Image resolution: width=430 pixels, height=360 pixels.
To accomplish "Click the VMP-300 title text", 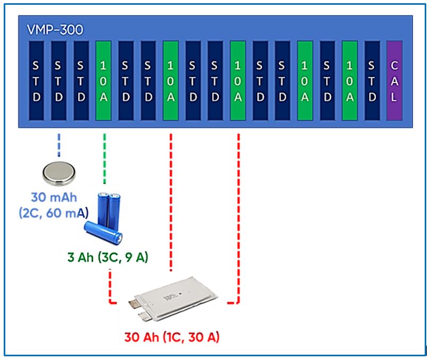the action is click(x=55, y=30).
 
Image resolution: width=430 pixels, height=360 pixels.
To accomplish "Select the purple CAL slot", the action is click(x=394, y=81).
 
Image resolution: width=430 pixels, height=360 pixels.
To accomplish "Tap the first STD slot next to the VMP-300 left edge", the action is click(x=36, y=81).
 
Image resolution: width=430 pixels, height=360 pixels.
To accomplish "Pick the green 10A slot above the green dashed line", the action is click(x=103, y=81).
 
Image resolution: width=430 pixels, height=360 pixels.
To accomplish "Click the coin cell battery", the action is click(x=59, y=173).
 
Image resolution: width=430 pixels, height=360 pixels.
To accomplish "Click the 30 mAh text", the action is click(x=54, y=197).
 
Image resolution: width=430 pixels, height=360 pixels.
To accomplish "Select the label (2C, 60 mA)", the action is click(x=54, y=213).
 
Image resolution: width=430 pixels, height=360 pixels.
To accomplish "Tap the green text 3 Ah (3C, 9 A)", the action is click(x=108, y=257).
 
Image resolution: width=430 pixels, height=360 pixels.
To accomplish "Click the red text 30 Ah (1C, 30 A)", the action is click(x=172, y=337).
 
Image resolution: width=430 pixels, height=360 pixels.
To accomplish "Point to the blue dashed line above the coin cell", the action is click(x=59, y=145).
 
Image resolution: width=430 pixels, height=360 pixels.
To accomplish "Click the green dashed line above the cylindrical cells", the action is click(x=104, y=159).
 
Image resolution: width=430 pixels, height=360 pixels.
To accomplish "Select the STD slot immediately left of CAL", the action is click(x=372, y=81).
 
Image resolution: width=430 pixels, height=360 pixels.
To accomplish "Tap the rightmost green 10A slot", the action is click(x=349, y=81).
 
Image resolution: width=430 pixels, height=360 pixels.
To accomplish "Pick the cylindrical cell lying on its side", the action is click(x=103, y=233).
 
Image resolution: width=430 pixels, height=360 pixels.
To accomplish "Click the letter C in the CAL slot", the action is click(x=394, y=66).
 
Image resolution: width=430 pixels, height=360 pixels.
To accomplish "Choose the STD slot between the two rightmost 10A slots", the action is click(x=327, y=81).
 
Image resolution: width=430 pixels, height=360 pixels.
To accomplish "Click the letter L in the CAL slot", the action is click(x=394, y=97).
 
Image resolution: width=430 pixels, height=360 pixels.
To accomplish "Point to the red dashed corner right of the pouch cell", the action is click(x=238, y=303).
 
